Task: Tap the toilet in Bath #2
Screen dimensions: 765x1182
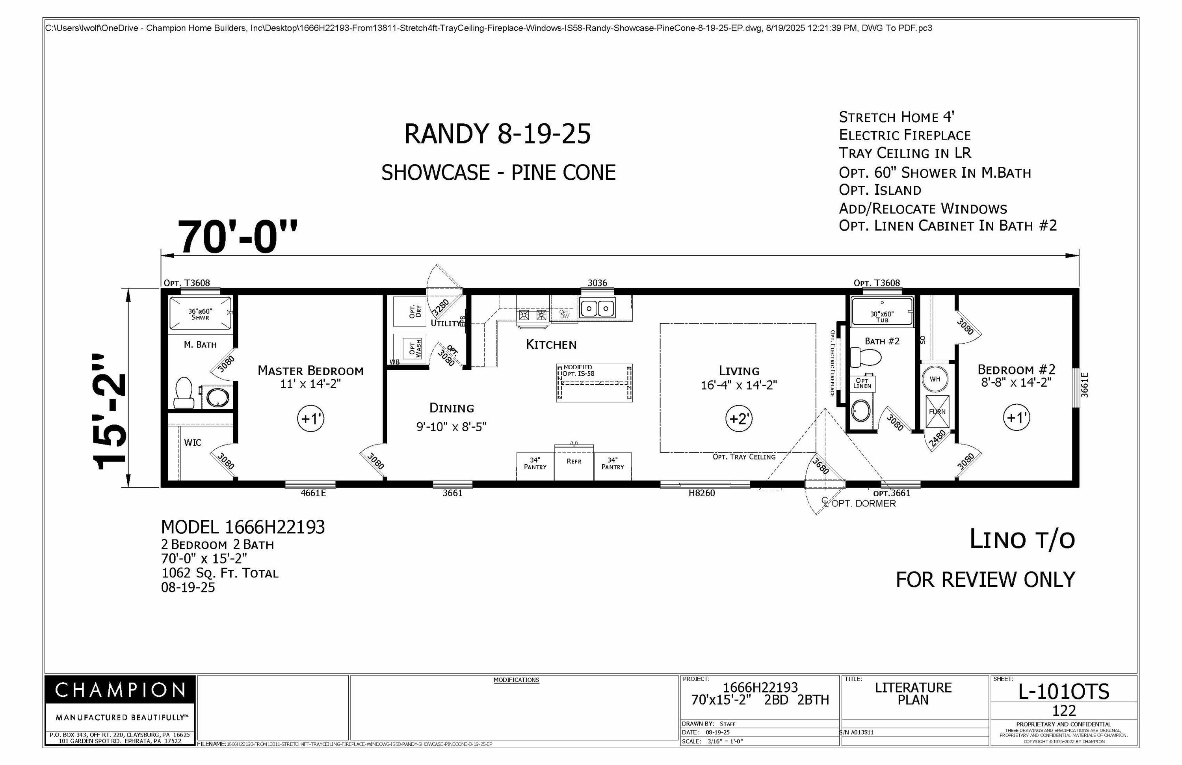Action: pos(866,357)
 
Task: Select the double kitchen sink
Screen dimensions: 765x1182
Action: pos(597,309)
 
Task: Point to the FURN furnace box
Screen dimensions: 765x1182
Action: pos(937,412)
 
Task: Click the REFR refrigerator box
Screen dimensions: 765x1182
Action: pos(574,462)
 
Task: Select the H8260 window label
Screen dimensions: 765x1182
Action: pos(701,493)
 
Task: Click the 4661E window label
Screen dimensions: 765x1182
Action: pos(313,493)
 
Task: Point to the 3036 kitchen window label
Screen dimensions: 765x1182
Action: pos(597,283)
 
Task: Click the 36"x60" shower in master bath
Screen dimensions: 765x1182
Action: pos(200,313)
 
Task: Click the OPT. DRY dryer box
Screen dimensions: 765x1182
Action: pos(410,311)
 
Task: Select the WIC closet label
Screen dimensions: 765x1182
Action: pos(193,443)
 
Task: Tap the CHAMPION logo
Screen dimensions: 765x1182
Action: pos(120,690)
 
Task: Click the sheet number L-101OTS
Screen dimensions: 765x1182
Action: pos(1063,691)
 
